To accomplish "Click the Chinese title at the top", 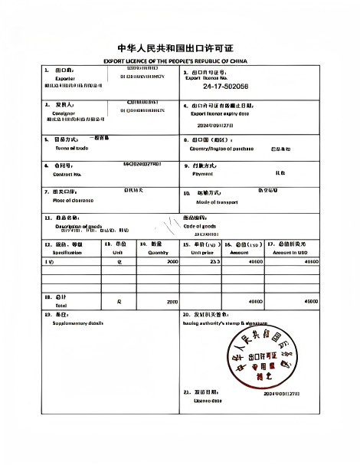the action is pos(180,47).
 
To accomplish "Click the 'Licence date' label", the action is pos(208,400).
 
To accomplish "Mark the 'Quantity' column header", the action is pos(158,251).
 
